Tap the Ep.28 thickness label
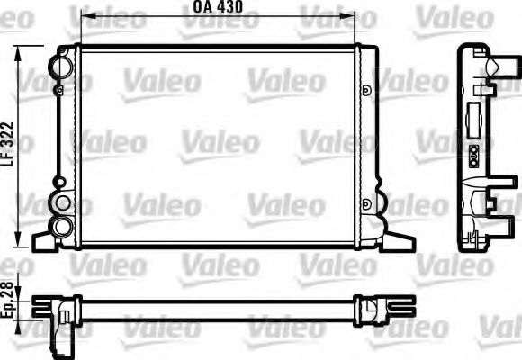click(8, 304)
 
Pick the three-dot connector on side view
click(474, 155)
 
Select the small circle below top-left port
click(58, 90)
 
